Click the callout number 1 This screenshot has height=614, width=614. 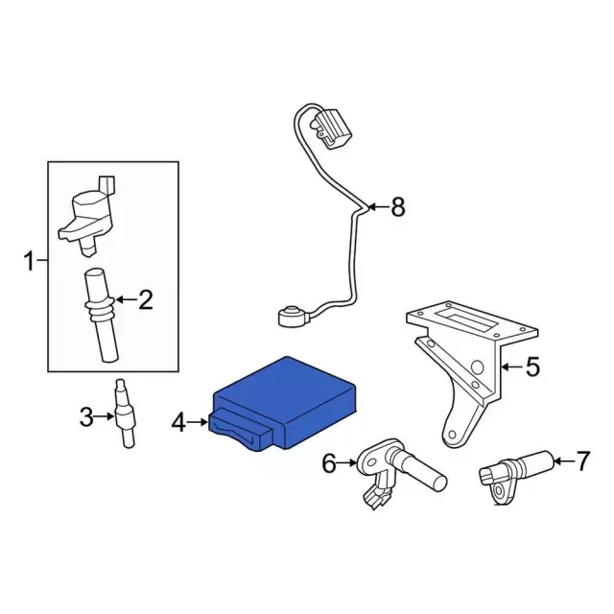[29, 260]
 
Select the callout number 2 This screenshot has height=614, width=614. [145, 300]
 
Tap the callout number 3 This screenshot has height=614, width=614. [85, 416]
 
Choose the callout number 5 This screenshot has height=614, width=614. [533, 366]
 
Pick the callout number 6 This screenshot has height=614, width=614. [329, 463]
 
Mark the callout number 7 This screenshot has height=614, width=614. [583, 461]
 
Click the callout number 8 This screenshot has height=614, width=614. [398, 206]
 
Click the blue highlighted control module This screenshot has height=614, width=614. [288, 398]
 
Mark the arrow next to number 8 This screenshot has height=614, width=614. [377, 206]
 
